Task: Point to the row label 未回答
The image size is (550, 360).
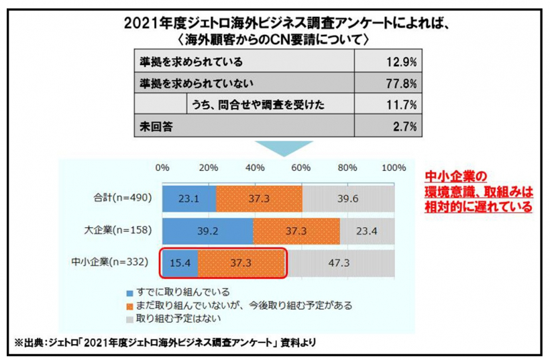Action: tap(154, 125)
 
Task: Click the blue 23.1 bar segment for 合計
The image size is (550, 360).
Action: tap(188, 198)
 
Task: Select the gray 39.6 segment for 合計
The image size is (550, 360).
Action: tap(349, 198)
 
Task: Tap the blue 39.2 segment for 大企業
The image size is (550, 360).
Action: tap(207, 231)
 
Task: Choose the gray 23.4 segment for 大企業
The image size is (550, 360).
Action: tap(368, 231)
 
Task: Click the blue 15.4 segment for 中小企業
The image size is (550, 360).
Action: tap(180, 262)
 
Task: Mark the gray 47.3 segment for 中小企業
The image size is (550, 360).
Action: tap(341, 262)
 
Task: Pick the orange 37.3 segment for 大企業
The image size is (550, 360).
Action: tap(296, 231)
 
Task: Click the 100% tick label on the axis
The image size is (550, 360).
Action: tap(393, 168)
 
